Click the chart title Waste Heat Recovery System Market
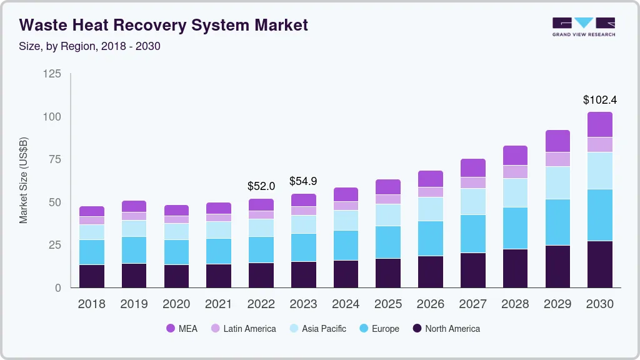[163, 25]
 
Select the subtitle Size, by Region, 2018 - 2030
[90, 46]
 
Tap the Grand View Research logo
[583, 26]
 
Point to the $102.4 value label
[600, 100]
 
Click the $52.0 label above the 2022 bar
[261, 186]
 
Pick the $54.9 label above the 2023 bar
[303, 181]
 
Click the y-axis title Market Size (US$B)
[23, 180]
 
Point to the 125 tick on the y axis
[52, 74]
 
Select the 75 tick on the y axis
[54, 159]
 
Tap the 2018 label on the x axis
[91, 304]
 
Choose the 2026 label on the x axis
[431, 304]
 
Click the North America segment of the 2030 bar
[600, 264]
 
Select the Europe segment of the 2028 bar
[515, 228]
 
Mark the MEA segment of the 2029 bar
[557, 141]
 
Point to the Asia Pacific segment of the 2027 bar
[472, 201]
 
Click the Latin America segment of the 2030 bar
[600, 144]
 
